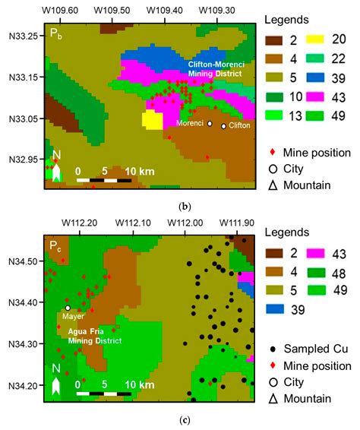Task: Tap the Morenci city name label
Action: click(190, 123)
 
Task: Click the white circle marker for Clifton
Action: click(223, 126)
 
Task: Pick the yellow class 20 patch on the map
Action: click(153, 120)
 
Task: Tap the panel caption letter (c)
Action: click(180, 419)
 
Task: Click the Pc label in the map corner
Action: click(55, 247)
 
